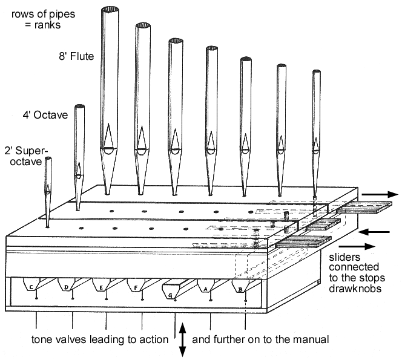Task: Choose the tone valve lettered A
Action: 210,287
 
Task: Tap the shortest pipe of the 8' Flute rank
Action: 315,133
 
